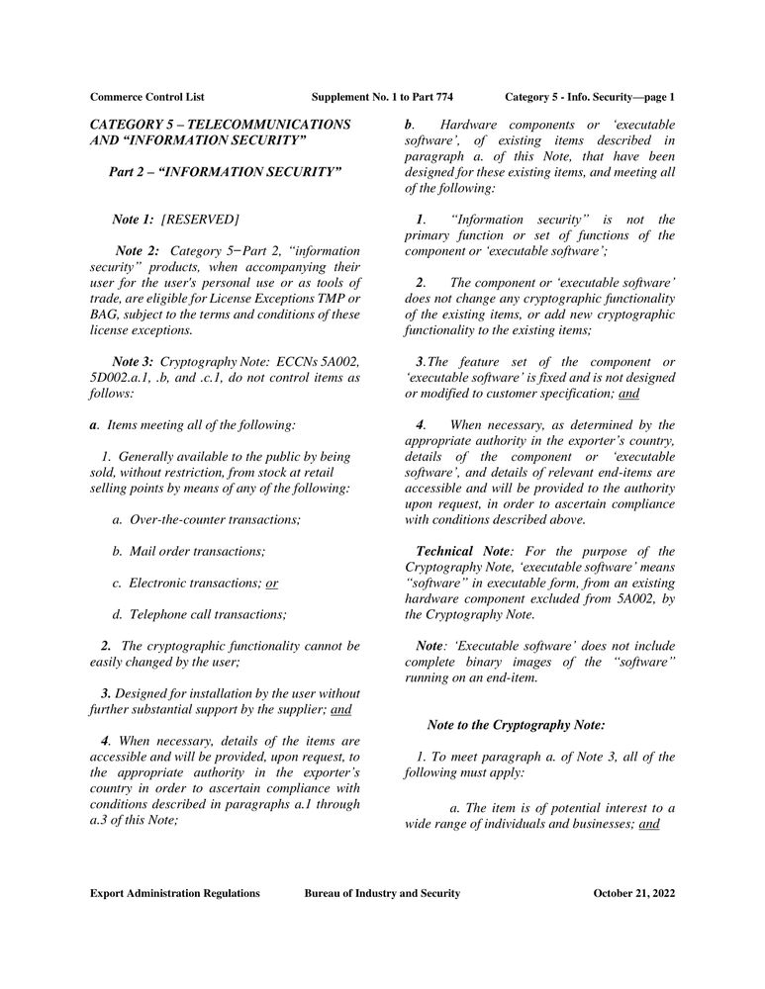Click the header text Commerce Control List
tap(146, 97)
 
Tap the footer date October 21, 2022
tap(633, 893)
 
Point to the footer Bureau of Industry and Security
tap(382, 893)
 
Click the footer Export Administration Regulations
tap(175, 893)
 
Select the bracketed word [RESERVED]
tap(200, 219)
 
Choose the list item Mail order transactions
tap(188, 551)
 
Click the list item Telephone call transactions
tap(199, 614)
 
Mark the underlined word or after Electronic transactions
tap(272, 583)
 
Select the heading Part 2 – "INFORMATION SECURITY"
tap(225, 171)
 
